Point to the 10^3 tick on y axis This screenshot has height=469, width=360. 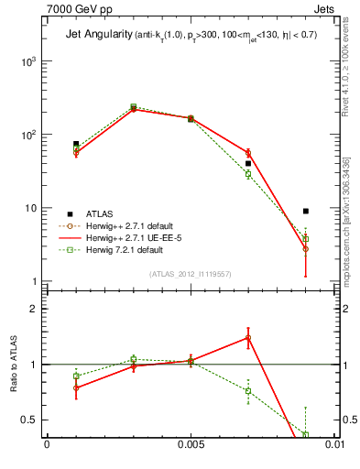(28, 61)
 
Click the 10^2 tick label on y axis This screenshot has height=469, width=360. (28, 135)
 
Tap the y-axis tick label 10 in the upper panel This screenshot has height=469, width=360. (31, 208)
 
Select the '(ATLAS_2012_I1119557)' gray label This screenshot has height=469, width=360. (189, 274)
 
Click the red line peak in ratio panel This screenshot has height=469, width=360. (248, 337)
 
